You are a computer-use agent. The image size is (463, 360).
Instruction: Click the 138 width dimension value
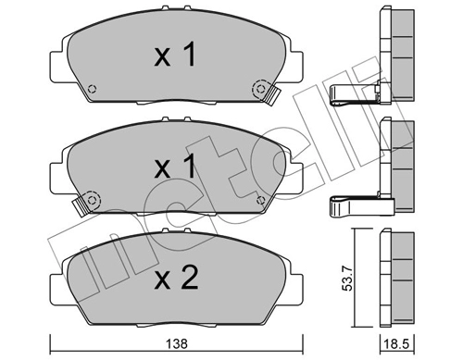coord(177,343)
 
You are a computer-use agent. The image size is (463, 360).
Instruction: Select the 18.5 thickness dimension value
coord(396,343)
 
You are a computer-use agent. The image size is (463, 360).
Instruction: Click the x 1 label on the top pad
coord(175,56)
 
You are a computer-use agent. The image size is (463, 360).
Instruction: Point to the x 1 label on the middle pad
coord(175,167)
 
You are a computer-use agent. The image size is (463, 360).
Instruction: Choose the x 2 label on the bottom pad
coord(176,278)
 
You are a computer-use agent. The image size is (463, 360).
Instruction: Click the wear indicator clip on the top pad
coord(271,95)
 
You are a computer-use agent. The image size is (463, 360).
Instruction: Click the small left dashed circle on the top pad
coord(92,89)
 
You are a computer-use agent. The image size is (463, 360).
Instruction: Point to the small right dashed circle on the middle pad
coord(261,201)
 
